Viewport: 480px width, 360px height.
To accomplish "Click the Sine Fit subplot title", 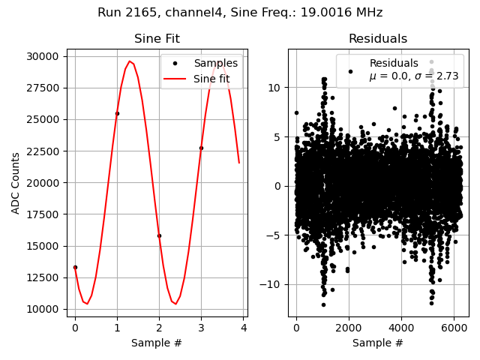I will tap(157, 39).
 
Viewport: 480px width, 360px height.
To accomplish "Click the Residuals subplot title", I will tap(378, 39).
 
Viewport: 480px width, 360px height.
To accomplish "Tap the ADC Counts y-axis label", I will tap(16, 183).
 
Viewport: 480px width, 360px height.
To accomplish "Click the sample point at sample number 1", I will tap(117, 114).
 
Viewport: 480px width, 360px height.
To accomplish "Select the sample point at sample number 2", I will tap(159, 235).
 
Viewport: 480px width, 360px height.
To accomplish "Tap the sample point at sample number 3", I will tap(201, 148).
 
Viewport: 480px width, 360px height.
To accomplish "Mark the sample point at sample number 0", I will tap(75, 267).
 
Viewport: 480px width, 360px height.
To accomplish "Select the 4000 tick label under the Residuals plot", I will tap(401, 328).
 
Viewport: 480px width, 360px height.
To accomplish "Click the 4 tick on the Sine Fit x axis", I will tap(243, 328).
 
